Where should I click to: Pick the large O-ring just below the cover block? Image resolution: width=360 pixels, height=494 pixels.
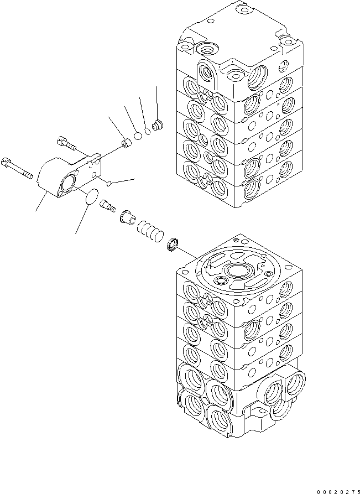pyautogui.click(x=88, y=198)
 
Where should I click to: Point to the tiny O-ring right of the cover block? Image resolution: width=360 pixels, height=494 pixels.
pyautogui.click(x=111, y=183)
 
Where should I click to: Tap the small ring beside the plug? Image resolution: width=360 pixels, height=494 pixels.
pyautogui.click(x=148, y=131)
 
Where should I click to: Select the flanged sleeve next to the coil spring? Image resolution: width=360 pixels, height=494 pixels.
pyautogui.click(x=127, y=215)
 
